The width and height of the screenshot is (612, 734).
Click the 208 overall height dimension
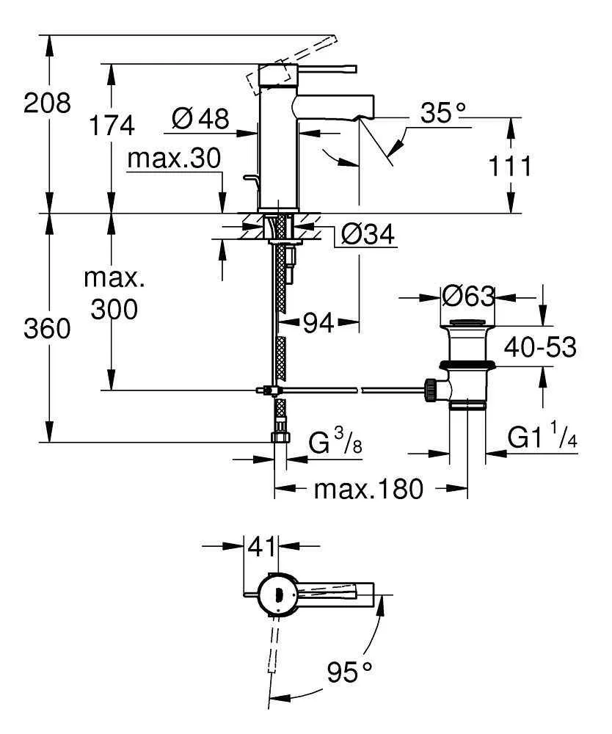tap(48, 102)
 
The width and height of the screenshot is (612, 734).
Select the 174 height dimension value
tap(112, 126)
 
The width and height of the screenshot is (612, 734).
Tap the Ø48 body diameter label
tap(200, 118)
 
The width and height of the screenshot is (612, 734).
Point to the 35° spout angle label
tap(444, 113)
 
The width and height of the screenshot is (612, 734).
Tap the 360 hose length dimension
tap(48, 328)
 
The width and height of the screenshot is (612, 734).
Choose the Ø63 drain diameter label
tap(469, 297)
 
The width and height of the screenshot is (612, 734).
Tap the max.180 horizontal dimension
tap(368, 489)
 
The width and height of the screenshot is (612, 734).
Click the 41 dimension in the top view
tap(261, 546)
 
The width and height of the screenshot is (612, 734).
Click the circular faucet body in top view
tap(277, 592)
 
